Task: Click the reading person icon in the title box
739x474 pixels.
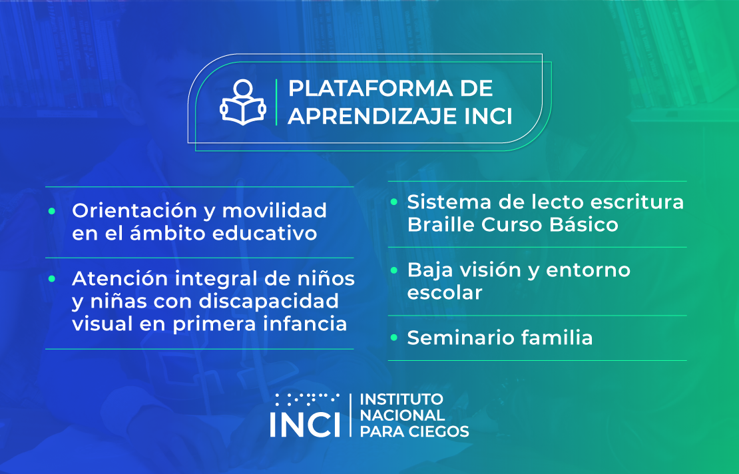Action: [243, 102]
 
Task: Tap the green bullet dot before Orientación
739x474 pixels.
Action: [52, 211]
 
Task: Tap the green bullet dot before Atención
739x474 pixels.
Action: [52, 278]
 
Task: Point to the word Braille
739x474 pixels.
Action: [440, 224]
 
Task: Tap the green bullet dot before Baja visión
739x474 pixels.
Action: [394, 270]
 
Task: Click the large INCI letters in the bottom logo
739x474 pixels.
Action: [305, 424]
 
